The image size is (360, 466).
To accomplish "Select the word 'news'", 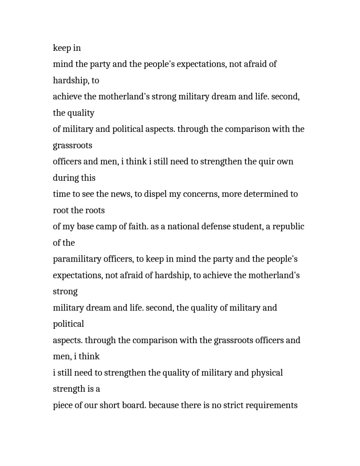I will [x=120, y=194].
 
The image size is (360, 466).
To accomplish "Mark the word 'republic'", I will [x=288, y=227].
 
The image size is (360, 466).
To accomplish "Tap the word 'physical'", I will [x=267, y=373].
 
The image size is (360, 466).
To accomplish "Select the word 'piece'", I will [x=62, y=406].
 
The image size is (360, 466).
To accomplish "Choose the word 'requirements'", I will [x=272, y=406].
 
